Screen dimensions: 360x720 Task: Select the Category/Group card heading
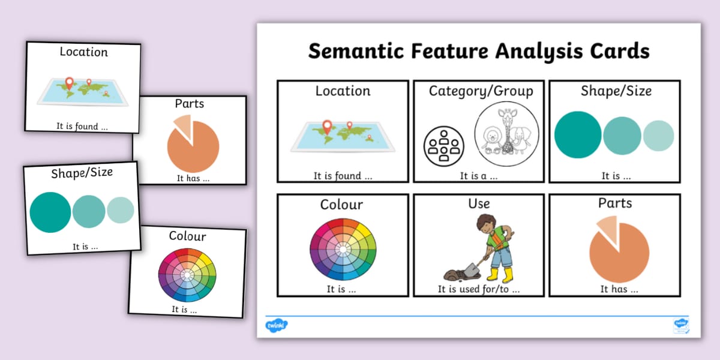481,91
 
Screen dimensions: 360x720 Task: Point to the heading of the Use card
479,204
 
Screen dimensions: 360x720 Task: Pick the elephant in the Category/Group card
521,142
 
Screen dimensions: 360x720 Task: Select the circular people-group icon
444,145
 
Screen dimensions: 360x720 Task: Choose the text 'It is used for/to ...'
479,289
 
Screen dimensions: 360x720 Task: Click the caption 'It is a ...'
479,176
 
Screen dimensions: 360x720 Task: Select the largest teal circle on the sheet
578,135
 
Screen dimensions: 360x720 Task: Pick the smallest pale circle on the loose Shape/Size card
121,211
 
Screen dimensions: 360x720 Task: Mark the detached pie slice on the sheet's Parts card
606,230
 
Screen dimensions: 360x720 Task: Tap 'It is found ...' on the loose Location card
82,126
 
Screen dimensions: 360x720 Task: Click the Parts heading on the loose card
190,104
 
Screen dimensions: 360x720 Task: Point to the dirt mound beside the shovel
453,275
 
